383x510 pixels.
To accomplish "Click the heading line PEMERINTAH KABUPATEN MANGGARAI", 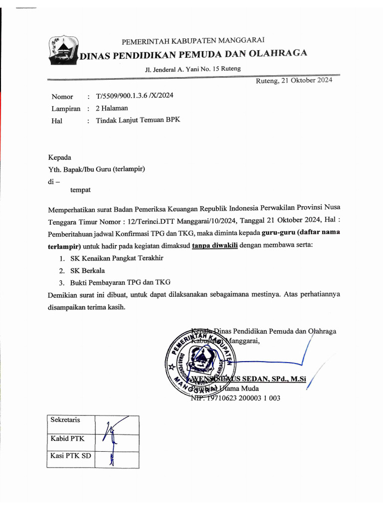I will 193,40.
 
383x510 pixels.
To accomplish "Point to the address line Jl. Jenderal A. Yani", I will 192,69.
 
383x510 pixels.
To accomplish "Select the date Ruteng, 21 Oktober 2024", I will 294,80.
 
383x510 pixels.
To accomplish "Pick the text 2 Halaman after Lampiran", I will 112,108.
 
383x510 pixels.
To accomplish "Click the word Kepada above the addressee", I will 59,157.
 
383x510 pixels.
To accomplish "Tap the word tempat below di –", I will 80,190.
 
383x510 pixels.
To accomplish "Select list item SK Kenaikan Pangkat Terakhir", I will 117,258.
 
